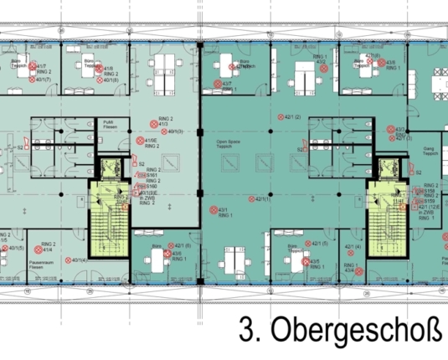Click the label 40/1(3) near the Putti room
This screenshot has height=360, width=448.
coord(175,131)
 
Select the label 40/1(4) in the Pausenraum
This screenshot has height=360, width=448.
coord(81,260)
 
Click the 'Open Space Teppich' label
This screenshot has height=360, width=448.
coord(228,143)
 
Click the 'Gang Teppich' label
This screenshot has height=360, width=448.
coord(424,156)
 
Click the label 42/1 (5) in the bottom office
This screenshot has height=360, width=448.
coord(182,245)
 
